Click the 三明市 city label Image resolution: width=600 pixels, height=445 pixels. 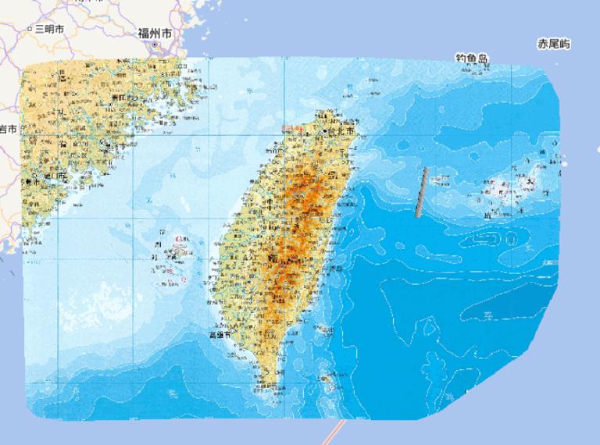click(x=50, y=29)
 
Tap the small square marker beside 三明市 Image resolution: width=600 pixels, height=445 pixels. click(x=30, y=29)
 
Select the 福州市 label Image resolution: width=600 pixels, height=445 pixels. click(x=155, y=33)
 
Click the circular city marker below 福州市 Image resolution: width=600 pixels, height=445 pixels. click(x=155, y=45)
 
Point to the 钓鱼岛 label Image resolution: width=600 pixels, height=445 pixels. click(x=472, y=58)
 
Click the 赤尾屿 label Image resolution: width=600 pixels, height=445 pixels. click(x=554, y=44)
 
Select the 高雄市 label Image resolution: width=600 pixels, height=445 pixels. click(x=222, y=334)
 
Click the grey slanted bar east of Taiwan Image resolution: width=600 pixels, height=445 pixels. click(x=422, y=192)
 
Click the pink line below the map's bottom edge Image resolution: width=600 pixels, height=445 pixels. click(x=337, y=432)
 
